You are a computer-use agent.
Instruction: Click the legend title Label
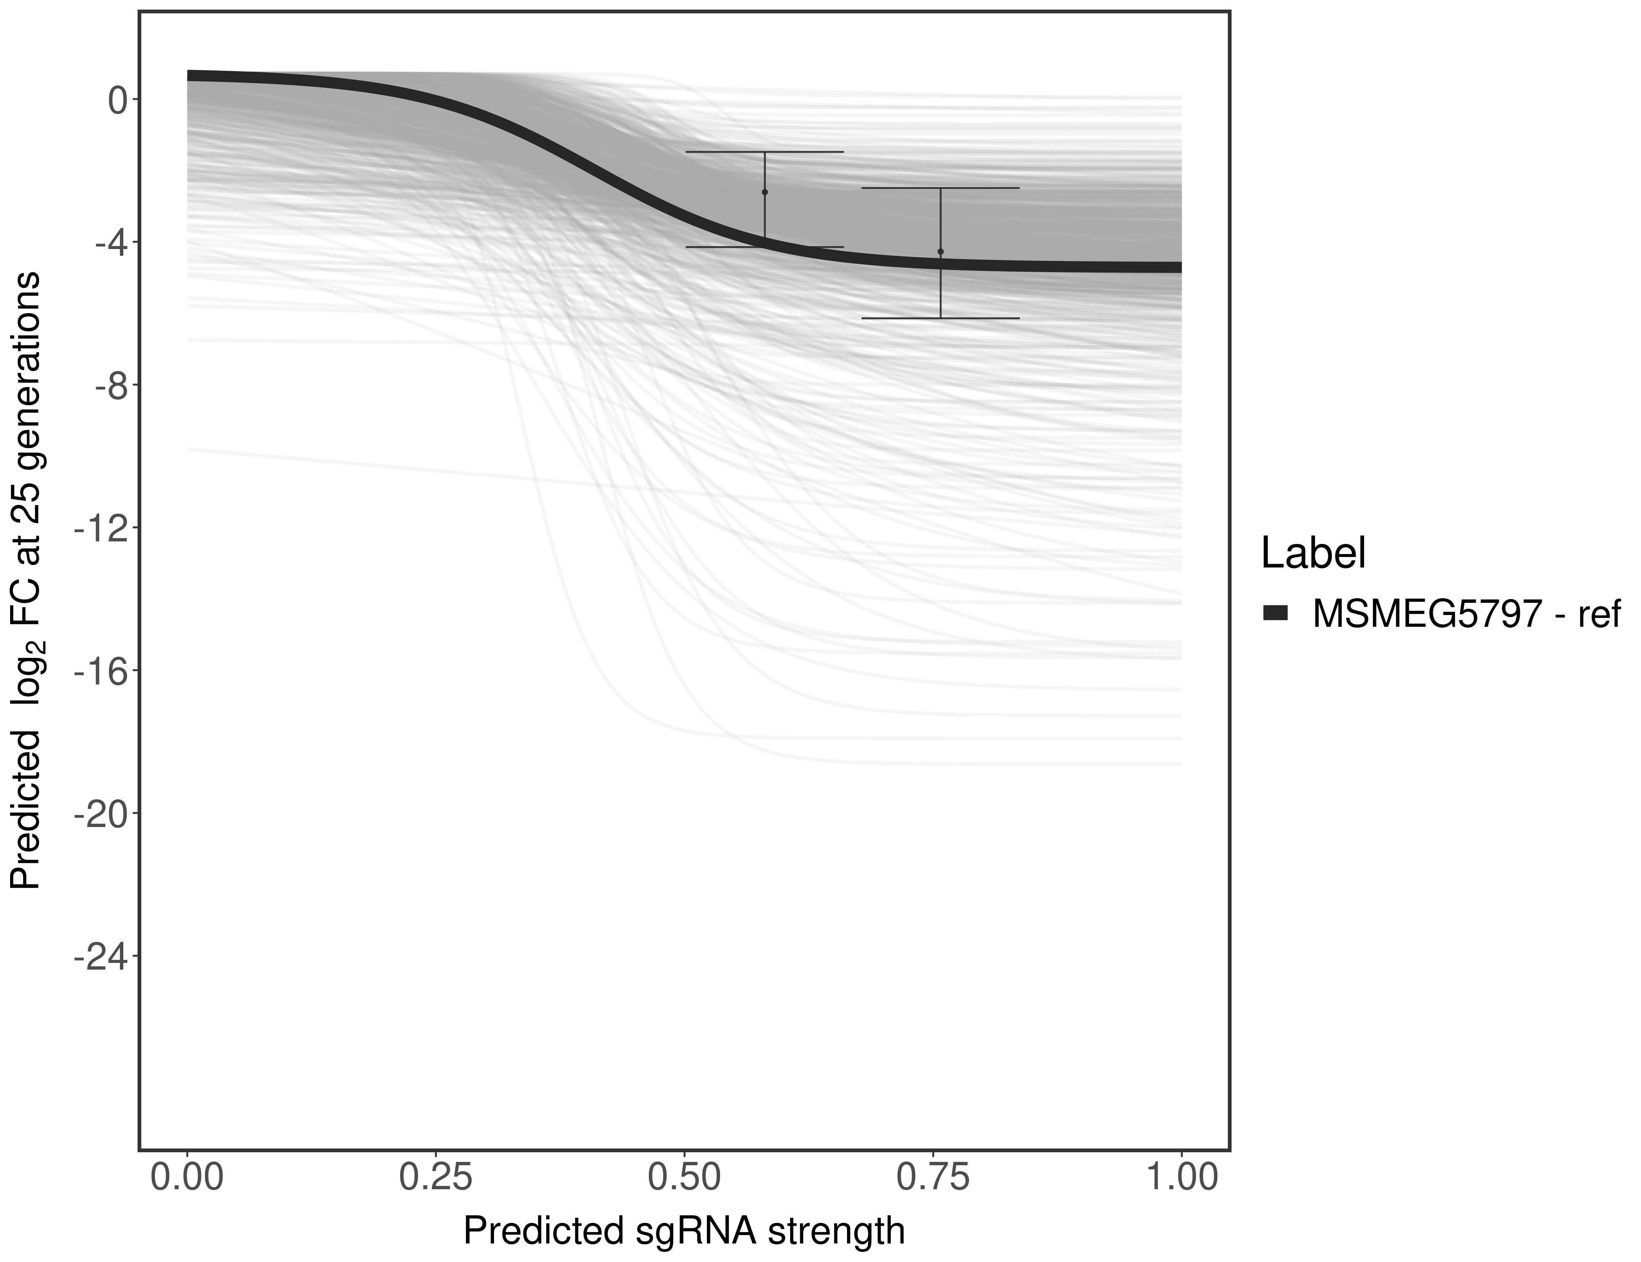pyautogui.click(x=1313, y=554)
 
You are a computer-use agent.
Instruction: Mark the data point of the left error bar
pyautogui.click(x=765, y=192)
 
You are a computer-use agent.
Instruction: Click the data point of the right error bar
pyautogui.click(x=941, y=252)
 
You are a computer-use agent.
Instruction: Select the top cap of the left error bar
pyautogui.click(x=765, y=152)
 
